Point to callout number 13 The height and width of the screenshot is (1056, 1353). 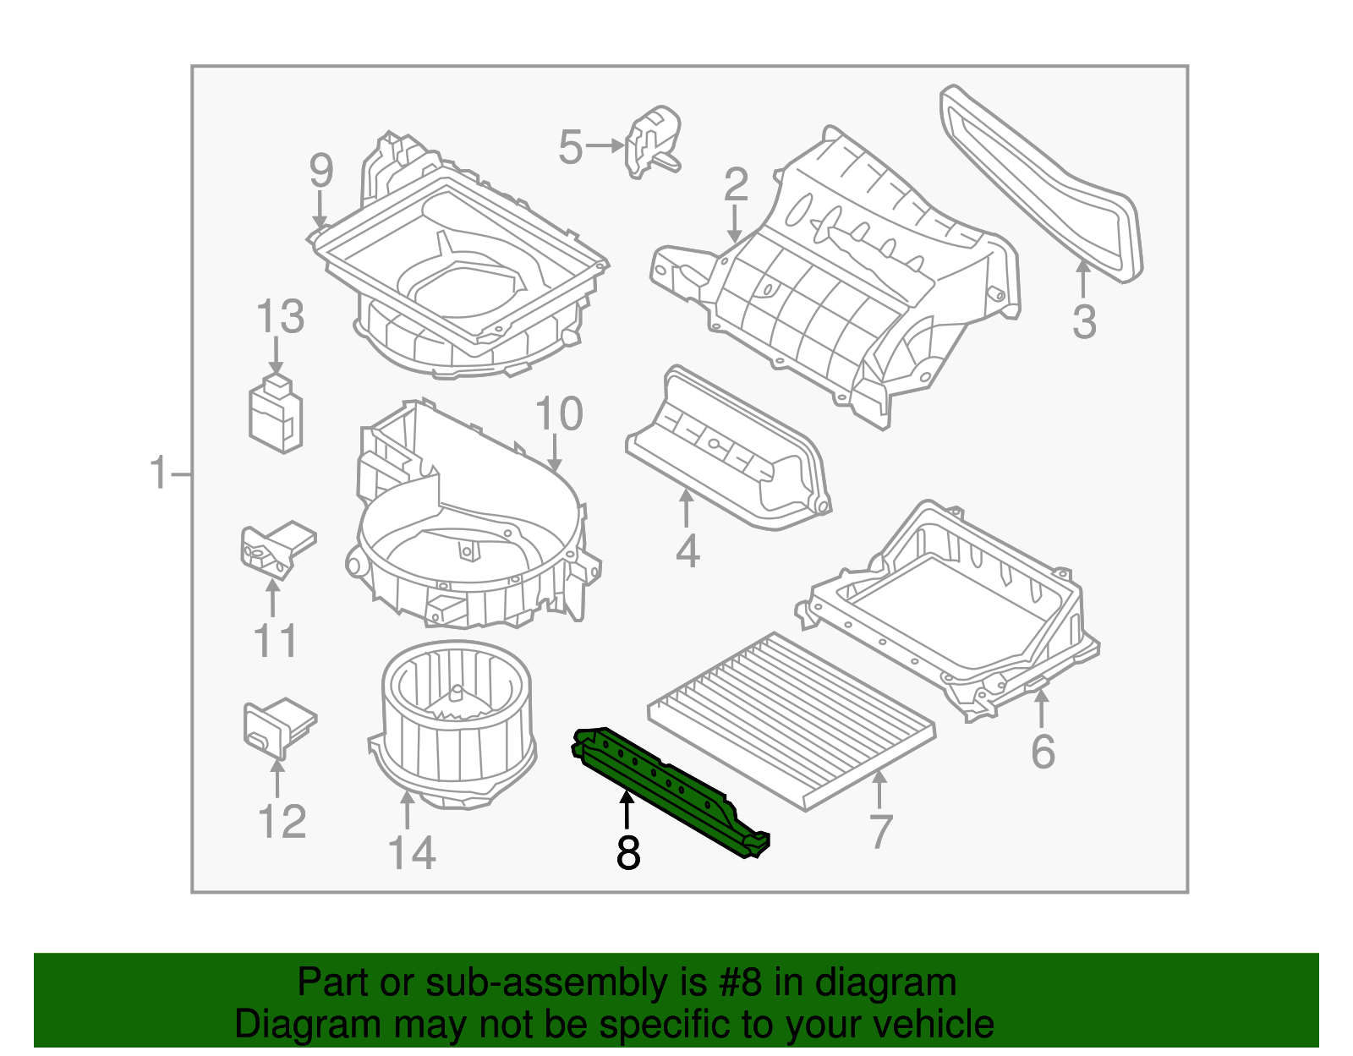point(280,317)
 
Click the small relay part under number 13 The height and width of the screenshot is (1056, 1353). point(276,413)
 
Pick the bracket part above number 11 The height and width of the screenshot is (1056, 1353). point(276,549)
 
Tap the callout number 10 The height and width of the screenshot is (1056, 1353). point(559,414)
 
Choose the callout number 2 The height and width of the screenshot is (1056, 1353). point(736,184)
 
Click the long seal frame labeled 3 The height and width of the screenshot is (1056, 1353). point(1040,182)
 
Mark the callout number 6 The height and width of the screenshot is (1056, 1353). point(1043,752)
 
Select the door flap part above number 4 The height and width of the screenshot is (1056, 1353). point(727,448)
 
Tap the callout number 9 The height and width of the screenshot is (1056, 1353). point(321,171)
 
